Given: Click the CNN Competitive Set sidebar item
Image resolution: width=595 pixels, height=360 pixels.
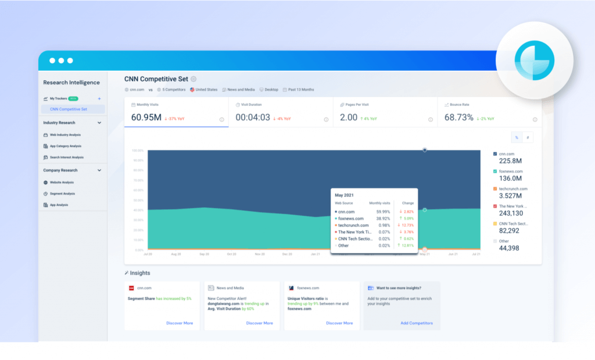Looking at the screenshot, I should pos(69,109).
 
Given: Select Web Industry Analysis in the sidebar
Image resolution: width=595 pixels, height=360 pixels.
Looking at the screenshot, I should pos(65,135).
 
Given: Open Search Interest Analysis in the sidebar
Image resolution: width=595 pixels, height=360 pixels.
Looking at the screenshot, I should pos(66,157).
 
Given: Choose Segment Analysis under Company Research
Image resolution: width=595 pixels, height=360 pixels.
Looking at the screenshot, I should pos(62,193).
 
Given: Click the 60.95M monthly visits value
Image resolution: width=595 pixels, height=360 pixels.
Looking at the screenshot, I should pos(145,117).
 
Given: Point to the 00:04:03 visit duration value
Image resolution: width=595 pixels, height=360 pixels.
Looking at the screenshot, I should pos(253,117).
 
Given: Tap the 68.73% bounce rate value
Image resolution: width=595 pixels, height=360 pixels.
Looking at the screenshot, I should pos(458,117).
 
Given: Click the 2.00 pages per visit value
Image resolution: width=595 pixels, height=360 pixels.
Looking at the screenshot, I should pos(349,117).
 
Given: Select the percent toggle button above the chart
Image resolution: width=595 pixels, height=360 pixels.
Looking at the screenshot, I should pos(515,138).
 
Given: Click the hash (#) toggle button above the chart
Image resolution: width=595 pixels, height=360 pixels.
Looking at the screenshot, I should pos(528,138).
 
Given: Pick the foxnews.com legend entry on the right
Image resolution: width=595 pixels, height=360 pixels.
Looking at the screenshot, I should pos(510,171).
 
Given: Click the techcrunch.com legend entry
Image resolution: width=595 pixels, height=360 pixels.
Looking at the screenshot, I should pos(512,189).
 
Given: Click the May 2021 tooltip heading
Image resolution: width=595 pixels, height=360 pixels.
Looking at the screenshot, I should pos(345,195).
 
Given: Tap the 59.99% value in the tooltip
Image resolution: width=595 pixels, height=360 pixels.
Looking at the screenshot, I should pos(381,212).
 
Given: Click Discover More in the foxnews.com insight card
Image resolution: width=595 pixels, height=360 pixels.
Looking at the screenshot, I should pos(339,323).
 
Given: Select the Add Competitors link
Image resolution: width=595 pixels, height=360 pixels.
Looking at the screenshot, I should pos(416,323).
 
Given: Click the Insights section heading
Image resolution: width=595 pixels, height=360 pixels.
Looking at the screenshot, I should pos(139,273).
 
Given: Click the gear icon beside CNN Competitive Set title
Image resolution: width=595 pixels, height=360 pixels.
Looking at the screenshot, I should pos(193,79).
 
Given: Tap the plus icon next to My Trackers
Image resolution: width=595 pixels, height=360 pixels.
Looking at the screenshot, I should pos(99,99).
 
